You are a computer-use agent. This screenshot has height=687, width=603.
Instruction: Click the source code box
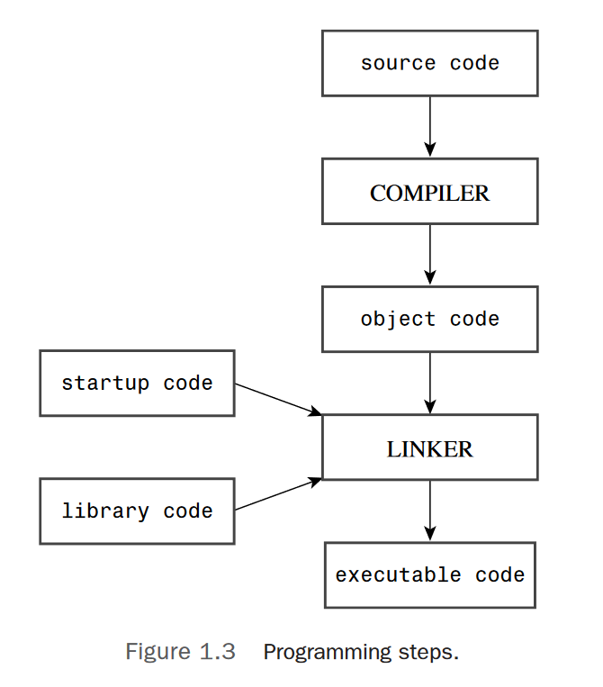[429, 63]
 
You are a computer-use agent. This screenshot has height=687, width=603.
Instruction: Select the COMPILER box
[429, 192]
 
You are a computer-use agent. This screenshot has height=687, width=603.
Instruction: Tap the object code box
[429, 320]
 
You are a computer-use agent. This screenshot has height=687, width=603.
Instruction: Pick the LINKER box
[429, 447]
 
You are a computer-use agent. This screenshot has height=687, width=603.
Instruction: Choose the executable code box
[429, 575]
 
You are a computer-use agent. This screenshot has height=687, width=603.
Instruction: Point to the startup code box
[137, 384]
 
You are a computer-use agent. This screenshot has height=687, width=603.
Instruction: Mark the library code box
[137, 511]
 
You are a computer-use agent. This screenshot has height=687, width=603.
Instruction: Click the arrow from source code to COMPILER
[429, 127]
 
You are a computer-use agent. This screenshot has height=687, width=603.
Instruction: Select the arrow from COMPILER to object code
[429, 255]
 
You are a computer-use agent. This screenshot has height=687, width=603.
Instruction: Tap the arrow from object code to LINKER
[429, 383]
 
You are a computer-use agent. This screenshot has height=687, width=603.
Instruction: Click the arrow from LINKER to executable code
[429, 511]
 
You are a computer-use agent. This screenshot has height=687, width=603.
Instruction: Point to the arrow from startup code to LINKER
[278, 399]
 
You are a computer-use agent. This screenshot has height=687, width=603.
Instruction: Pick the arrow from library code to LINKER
[278, 494]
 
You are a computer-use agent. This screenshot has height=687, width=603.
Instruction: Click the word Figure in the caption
[156, 652]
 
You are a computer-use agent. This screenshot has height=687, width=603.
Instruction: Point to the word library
[105, 511]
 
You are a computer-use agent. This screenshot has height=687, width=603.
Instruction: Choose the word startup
[105, 384]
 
